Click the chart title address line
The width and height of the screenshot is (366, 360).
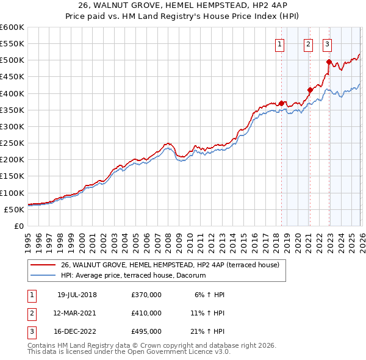(182, 6)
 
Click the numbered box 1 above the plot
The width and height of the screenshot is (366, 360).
(279, 43)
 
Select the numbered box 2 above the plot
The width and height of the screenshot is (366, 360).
(308, 43)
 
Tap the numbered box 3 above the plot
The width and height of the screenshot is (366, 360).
(327, 43)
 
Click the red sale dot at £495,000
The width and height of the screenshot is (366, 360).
(329, 62)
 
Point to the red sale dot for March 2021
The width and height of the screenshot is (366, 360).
(310, 90)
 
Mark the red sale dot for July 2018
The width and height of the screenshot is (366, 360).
(281, 103)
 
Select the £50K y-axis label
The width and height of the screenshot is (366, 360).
(14, 209)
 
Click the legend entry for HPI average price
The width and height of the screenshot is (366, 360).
(133, 276)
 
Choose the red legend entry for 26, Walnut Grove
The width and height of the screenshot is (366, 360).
(170, 265)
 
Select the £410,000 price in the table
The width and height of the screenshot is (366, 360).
(146, 313)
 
